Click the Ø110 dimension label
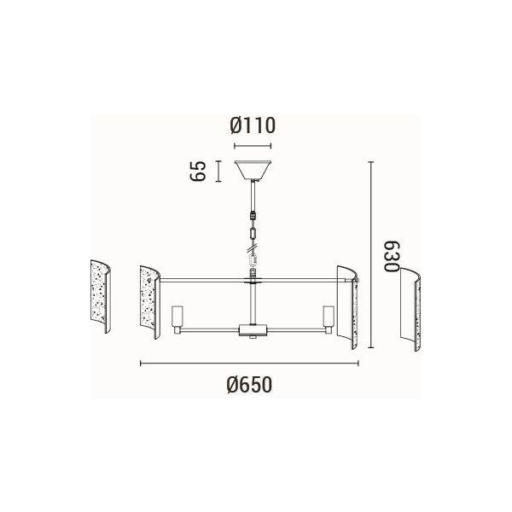tap(253, 126)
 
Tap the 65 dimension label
tap(198, 171)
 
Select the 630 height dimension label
tap(392, 257)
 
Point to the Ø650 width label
tap(249, 385)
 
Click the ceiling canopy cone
tap(253, 170)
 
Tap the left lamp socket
tap(177, 320)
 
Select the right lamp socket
tap(329, 320)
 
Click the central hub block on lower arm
tap(253, 329)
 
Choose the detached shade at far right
tap(410, 309)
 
